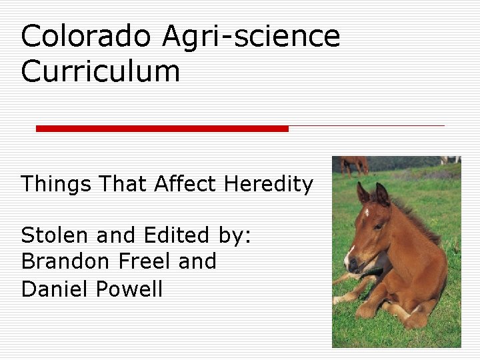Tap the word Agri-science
click(251, 37)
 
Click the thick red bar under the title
click(162, 128)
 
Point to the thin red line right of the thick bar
click(367, 125)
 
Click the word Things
click(56, 184)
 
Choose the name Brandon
click(67, 261)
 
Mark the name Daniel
click(51, 289)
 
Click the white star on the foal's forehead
click(365, 213)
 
